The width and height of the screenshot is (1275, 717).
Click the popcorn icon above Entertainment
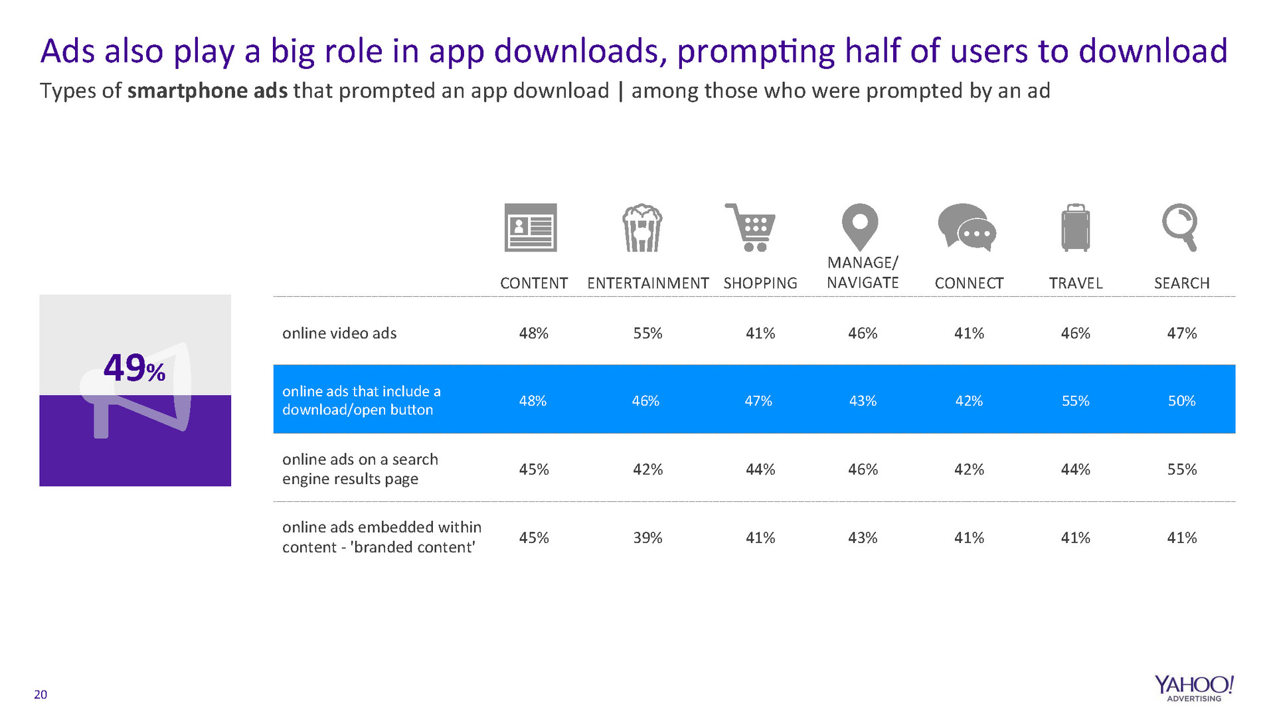(x=641, y=228)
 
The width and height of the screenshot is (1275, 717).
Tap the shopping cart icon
(x=751, y=228)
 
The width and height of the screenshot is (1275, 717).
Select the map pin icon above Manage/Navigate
(x=860, y=226)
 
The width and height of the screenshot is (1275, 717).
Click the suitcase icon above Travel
(x=1075, y=228)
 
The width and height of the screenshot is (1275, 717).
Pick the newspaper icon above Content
(x=531, y=228)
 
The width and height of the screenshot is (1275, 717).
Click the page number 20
(x=41, y=694)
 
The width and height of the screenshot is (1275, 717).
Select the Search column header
(x=1181, y=283)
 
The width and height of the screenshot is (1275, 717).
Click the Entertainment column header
(x=647, y=283)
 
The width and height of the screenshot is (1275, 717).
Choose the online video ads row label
(x=339, y=333)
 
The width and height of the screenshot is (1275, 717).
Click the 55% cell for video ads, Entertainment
(x=647, y=333)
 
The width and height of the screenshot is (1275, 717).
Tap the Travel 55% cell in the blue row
(x=1075, y=401)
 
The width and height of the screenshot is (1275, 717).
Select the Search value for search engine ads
(x=1181, y=469)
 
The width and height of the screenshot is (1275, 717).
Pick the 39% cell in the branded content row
(x=647, y=538)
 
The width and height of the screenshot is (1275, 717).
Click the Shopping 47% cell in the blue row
(x=758, y=401)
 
